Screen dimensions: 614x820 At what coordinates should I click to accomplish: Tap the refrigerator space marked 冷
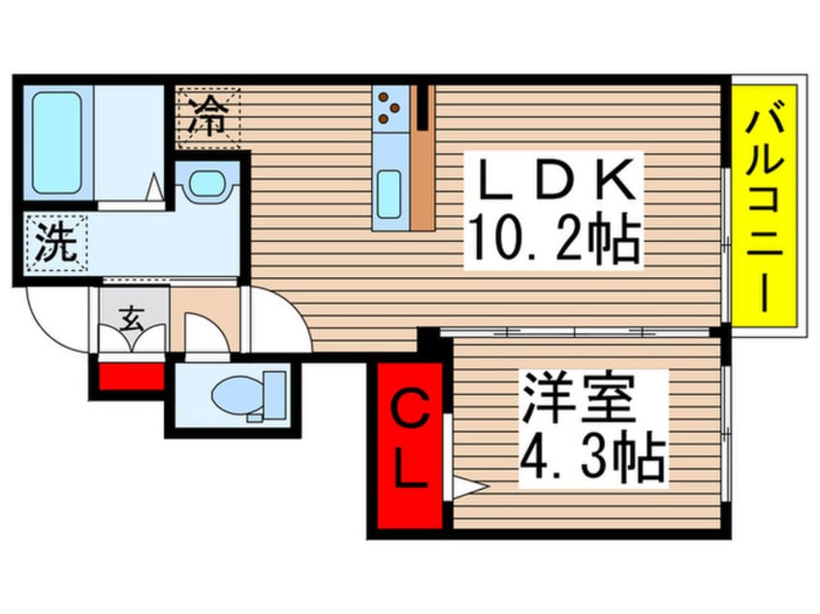click(x=207, y=117)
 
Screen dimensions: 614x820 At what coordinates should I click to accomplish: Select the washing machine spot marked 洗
click(x=56, y=244)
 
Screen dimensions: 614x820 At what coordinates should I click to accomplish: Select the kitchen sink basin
click(x=390, y=194)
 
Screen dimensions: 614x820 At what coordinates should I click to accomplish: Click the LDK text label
click(x=552, y=180)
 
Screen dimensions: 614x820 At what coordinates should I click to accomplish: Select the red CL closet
click(x=410, y=445)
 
